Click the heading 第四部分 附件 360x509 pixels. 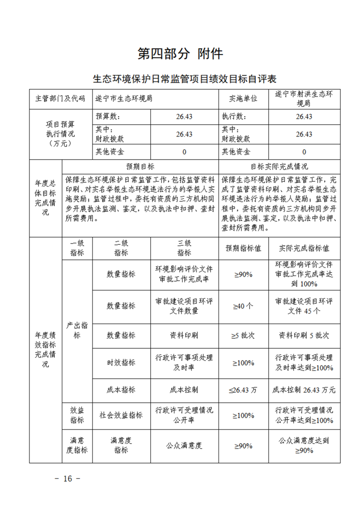180,54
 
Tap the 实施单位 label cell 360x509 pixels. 243,98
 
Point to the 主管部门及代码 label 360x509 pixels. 60,98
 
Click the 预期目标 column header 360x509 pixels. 140,166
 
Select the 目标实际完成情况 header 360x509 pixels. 279,166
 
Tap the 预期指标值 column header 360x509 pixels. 243,249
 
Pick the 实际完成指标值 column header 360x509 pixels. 304,249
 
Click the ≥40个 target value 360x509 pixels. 243,306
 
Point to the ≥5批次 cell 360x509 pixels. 243,335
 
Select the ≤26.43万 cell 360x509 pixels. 243,390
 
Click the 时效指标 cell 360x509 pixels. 121,362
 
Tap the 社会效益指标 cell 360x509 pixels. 121,415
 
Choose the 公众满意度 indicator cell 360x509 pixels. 184,445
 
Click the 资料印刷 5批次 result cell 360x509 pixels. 304,335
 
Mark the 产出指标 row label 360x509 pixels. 77,331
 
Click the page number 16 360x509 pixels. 68,479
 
